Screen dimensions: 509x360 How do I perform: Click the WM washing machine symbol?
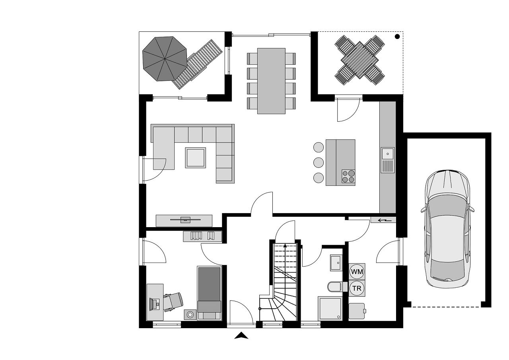pos(357,271)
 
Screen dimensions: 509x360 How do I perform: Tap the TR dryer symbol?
pos(357,288)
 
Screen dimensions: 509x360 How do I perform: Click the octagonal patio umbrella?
pos(165,58)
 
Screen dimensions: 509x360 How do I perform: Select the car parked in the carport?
pos(447,229)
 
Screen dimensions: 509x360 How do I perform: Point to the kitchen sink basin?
pos(387,154)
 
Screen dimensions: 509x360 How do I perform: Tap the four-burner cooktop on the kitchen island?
pos(348,176)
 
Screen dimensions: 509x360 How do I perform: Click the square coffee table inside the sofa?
pos(195,158)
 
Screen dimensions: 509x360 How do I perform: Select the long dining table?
pos(271,81)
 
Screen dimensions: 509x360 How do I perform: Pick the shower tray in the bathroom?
pos(330,308)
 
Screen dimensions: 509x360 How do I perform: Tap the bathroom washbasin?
pos(336,263)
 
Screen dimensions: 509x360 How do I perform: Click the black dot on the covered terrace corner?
pos(397,36)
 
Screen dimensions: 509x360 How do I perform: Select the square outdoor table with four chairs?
pos(360,60)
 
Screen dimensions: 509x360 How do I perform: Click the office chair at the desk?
pos(174,302)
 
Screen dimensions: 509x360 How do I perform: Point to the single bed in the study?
pos(209,293)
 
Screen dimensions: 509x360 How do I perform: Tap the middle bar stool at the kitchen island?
pos(319,163)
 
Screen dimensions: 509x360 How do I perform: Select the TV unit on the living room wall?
pos(184,221)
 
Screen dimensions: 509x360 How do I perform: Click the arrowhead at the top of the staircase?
pos(285,246)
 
